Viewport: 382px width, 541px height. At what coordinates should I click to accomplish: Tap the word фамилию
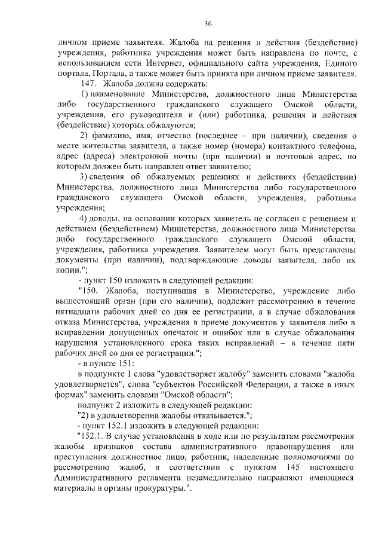pos(114,136)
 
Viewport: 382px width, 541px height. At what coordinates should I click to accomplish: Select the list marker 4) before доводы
pos(84,218)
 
